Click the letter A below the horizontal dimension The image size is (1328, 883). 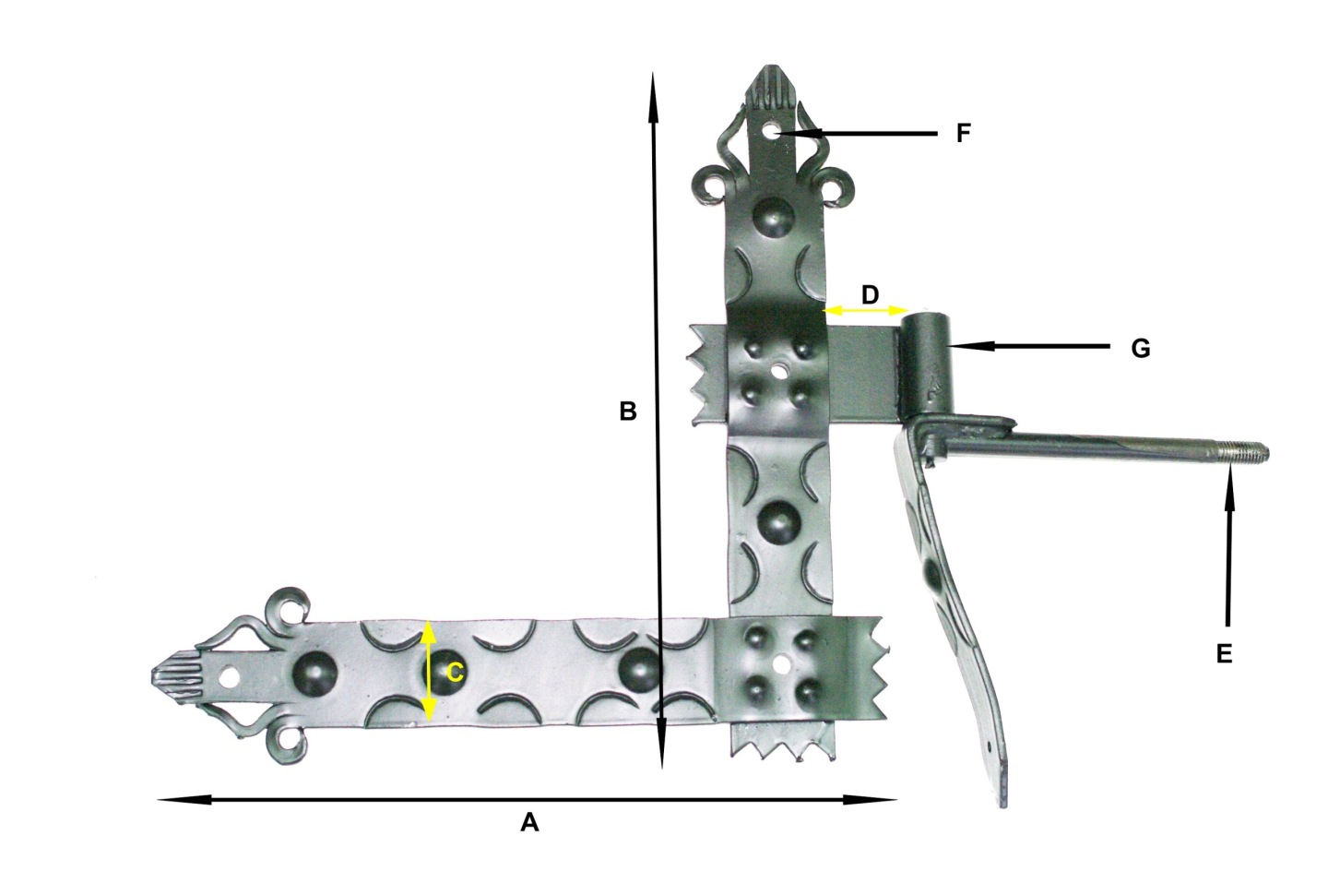(x=529, y=822)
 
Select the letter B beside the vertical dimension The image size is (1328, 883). (x=628, y=411)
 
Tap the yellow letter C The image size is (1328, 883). (x=455, y=673)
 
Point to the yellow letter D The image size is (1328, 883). (x=870, y=294)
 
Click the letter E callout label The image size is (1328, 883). (x=1224, y=654)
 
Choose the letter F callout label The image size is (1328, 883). (x=964, y=133)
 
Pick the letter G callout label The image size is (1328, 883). (x=1141, y=348)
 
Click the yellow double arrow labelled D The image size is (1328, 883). (x=866, y=310)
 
